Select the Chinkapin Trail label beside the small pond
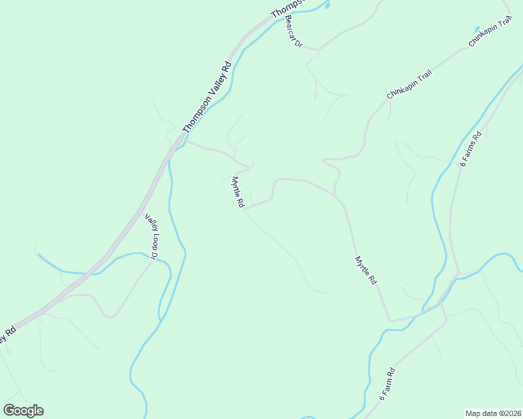pos(487,36)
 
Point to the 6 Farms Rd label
pos(471,149)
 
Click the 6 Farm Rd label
pos(387,383)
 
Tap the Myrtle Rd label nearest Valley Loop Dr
pos(238,191)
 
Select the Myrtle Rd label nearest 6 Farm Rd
pos(366,270)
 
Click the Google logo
pos(24,411)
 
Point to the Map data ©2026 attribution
pos(494,413)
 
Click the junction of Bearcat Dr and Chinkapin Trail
pos(319,50)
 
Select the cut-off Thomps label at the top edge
pos(287,8)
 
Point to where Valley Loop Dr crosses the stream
pos(155,260)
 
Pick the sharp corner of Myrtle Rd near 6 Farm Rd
pos(389,321)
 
